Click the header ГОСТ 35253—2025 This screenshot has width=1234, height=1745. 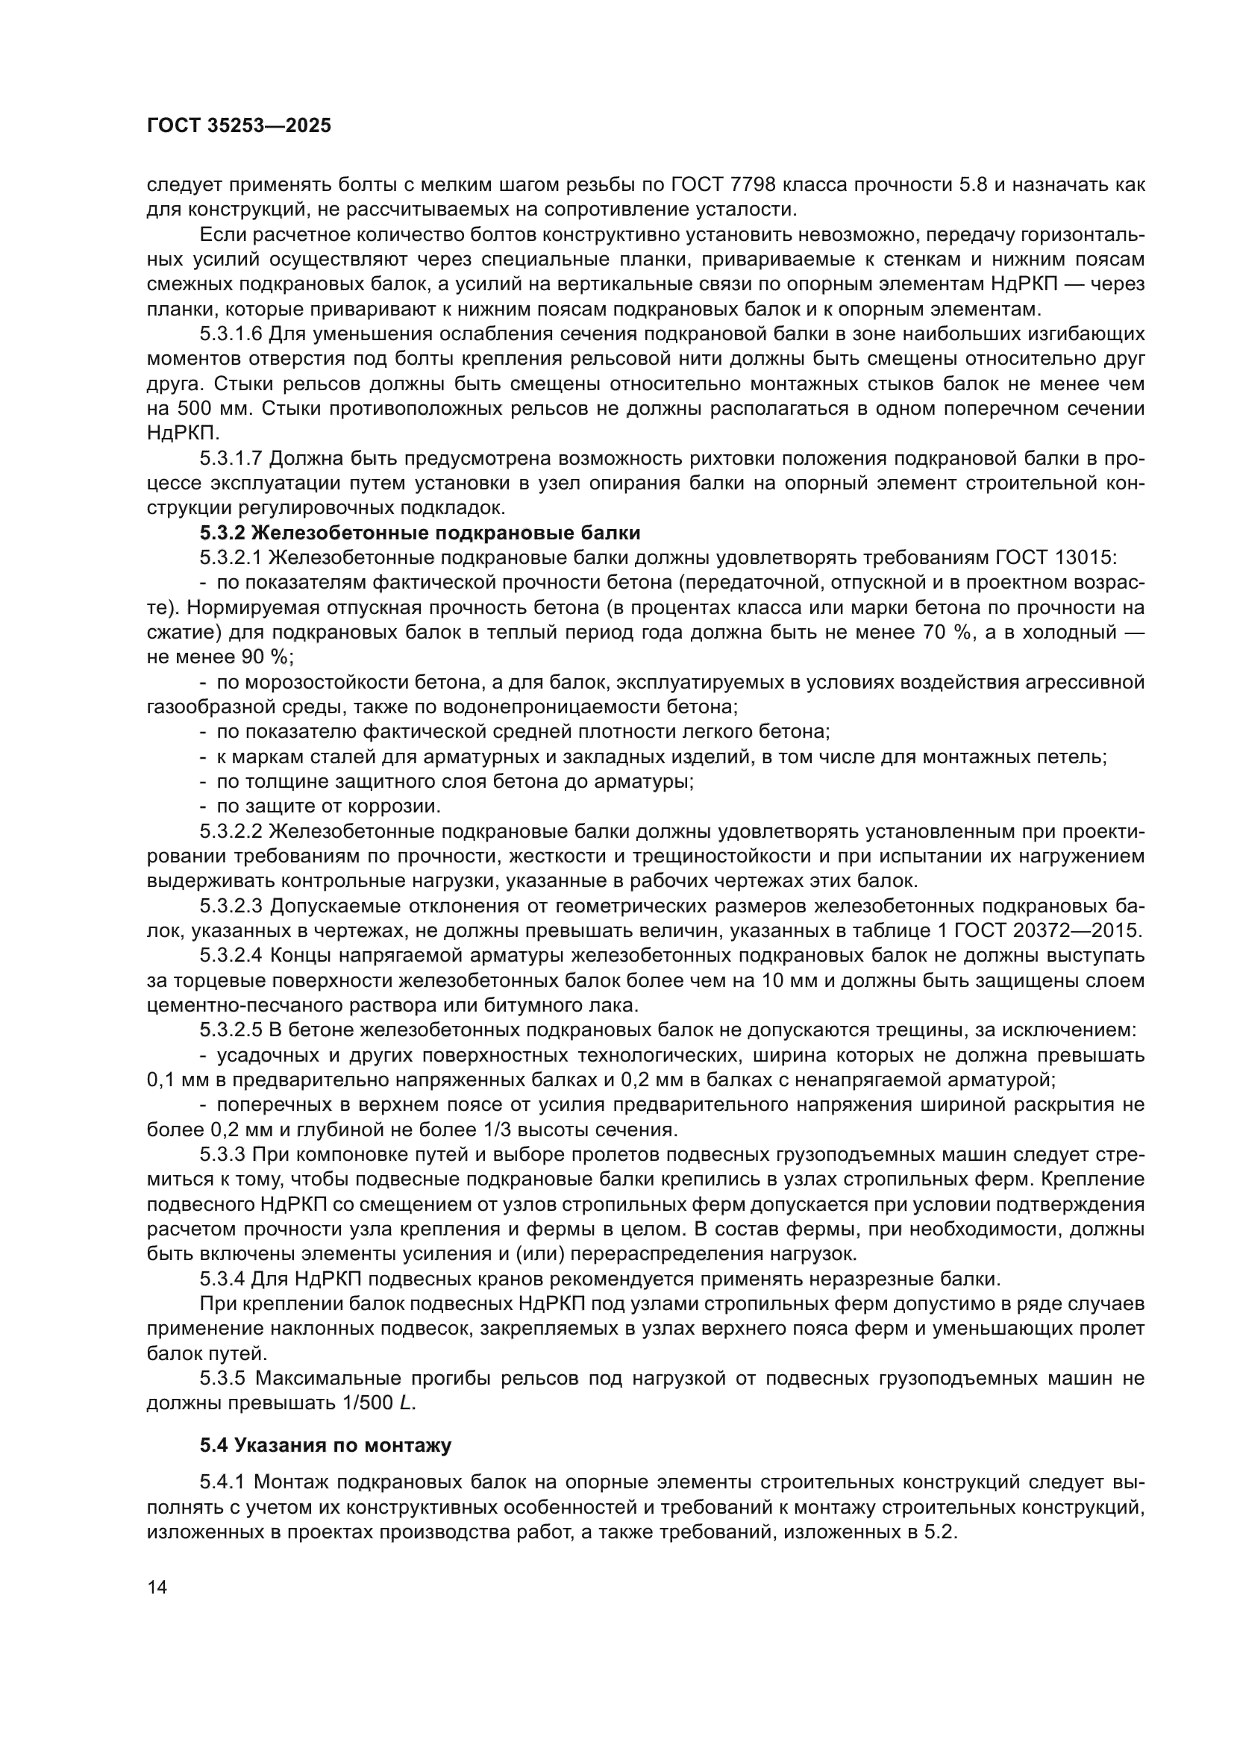click(239, 126)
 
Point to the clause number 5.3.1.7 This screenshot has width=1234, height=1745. click(232, 458)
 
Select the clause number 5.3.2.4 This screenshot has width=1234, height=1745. click(232, 956)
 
